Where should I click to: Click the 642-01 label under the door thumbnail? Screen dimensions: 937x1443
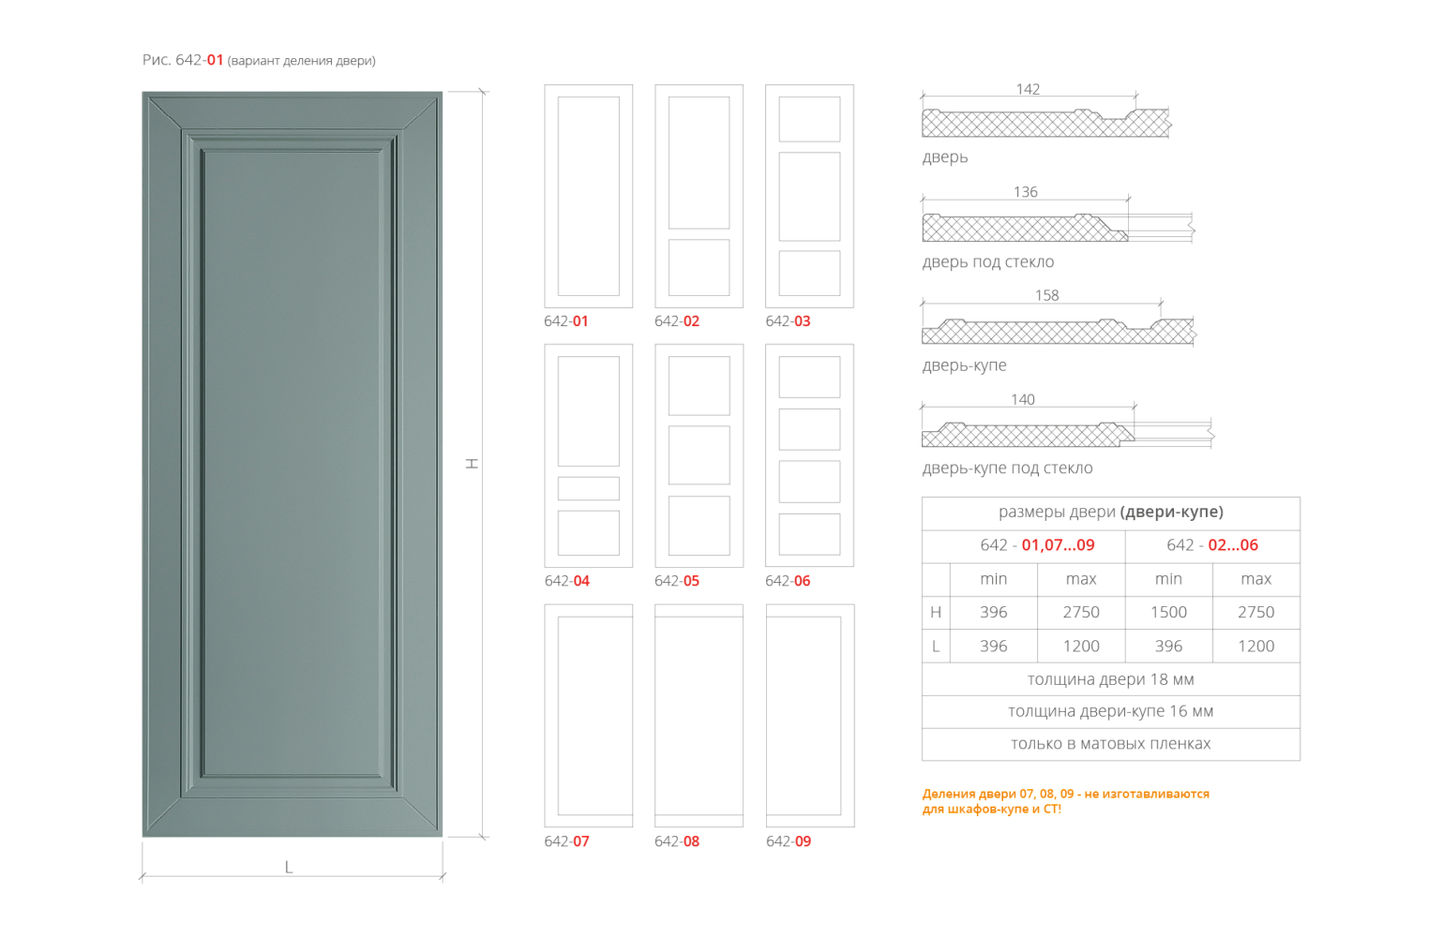tap(566, 321)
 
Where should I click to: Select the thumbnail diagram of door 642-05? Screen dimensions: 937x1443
tap(699, 455)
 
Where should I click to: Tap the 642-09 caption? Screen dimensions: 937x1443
tap(789, 841)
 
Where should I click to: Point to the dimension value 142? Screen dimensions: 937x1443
tap(1028, 89)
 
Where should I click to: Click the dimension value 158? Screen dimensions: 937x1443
tap(1046, 295)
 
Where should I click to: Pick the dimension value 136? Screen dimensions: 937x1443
tap(1026, 192)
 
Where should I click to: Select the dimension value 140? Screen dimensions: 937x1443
tap(1023, 399)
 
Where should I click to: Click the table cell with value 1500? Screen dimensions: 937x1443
tap(1168, 612)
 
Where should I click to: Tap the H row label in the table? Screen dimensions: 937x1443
tap(936, 612)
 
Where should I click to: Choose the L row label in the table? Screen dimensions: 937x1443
tap(936, 646)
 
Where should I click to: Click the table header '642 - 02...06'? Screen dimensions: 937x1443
tap(1212, 545)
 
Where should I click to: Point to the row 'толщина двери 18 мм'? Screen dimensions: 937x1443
tap(1110, 679)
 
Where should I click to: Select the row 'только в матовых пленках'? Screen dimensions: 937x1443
tap(1110, 744)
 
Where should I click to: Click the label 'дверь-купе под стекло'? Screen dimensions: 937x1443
tap(1007, 468)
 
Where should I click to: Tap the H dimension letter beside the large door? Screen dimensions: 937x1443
tap(474, 462)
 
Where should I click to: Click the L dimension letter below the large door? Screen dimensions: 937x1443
tap(289, 867)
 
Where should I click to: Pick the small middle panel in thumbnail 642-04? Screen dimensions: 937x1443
tap(588, 488)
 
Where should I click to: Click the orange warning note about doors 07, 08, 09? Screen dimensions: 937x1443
tap(1066, 801)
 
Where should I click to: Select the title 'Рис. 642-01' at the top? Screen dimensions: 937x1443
tap(183, 60)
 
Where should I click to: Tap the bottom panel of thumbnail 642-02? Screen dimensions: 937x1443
tap(699, 268)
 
